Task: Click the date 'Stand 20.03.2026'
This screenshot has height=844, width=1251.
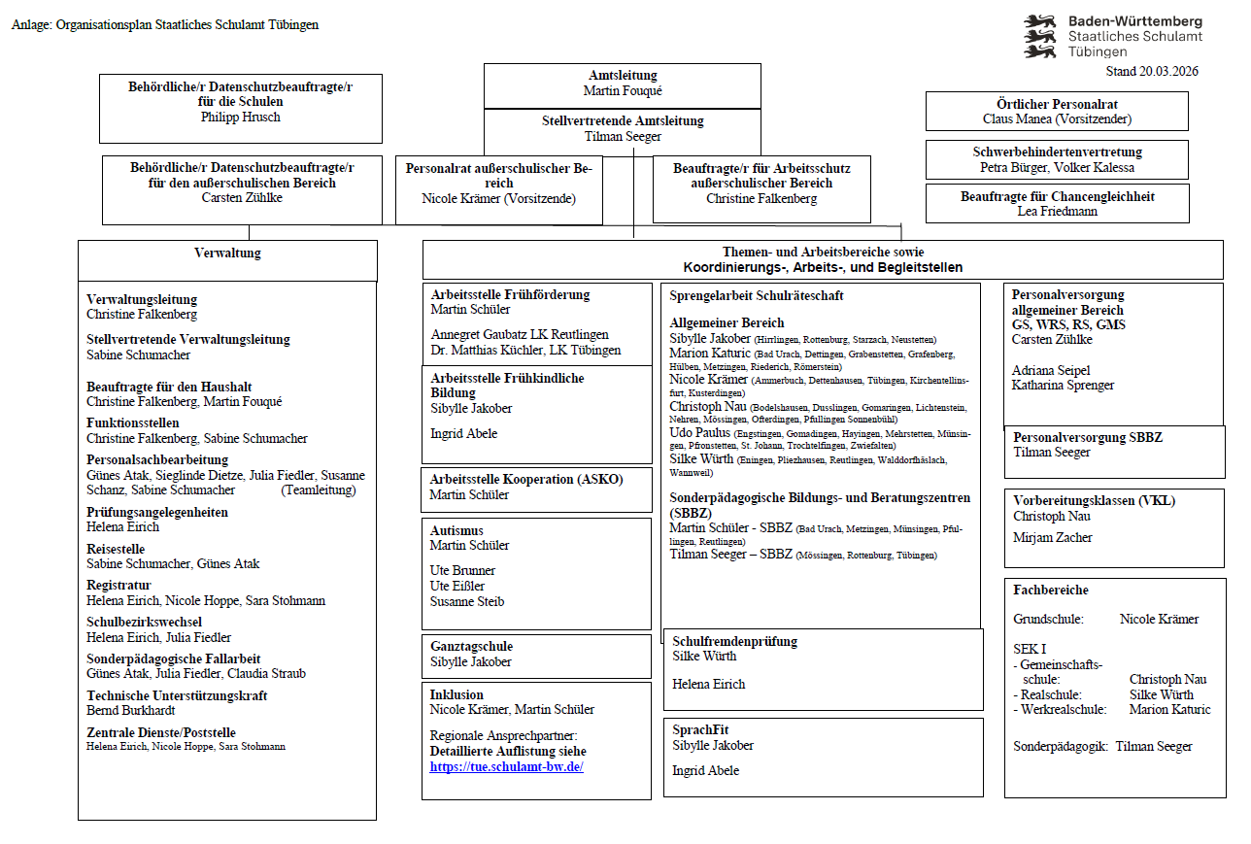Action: [x=1152, y=72]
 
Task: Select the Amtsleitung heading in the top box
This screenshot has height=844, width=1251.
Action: [x=623, y=76]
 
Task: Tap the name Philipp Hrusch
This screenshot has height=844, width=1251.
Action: [x=240, y=117]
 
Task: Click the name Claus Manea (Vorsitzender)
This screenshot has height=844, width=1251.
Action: [x=1057, y=118]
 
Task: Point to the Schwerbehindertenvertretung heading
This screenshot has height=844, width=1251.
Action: [x=1057, y=152]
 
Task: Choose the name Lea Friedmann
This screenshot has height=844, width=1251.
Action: [x=1057, y=211]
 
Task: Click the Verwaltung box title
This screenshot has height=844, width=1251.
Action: [x=227, y=253]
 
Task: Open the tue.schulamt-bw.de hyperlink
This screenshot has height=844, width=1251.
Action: [x=506, y=766]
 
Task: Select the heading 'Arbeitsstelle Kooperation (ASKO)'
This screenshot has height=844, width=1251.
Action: [x=526, y=479]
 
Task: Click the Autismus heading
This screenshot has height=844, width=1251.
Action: [x=456, y=530]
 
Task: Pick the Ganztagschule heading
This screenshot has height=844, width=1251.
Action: [x=471, y=646]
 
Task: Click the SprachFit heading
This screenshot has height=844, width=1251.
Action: [x=700, y=729]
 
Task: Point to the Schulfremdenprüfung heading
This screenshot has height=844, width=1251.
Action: [x=734, y=641]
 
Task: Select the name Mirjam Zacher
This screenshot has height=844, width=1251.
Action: [x=1053, y=537]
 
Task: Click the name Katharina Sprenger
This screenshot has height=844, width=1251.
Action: [x=1063, y=385]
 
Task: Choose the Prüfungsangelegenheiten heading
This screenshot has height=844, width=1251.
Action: [x=157, y=512]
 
